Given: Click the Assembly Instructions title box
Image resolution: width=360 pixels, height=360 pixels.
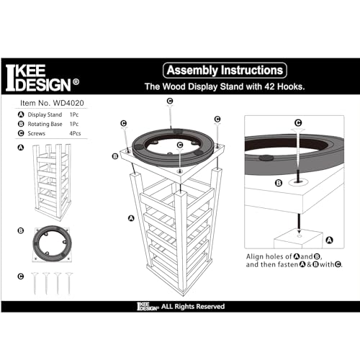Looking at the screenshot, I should pyautogui.click(x=225, y=70).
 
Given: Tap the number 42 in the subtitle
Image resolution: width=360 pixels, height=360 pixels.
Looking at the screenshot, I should pyautogui.click(x=275, y=85).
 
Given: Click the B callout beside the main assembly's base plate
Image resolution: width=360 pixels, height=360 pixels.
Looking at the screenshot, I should pyautogui.click(x=114, y=156).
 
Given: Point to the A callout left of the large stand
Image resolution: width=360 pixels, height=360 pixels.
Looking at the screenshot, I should pyautogui.click(x=130, y=217).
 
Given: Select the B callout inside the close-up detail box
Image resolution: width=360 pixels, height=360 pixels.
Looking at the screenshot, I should pyautogui.click(x=278, y=183).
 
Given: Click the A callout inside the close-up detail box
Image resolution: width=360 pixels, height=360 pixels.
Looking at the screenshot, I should pyautogui.click(x=330, y=241).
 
